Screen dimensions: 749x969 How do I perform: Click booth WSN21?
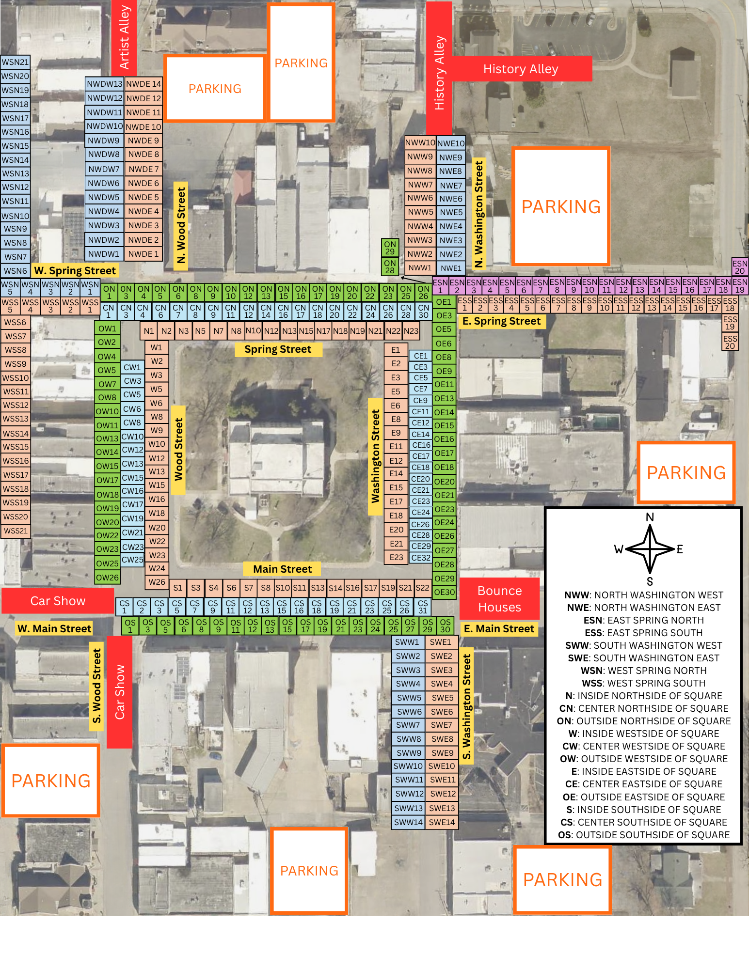click(15, 62)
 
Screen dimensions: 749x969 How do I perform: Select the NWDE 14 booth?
click(143, 84)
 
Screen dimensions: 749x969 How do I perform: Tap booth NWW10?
click(420, 143)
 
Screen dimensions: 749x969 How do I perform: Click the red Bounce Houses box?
click(499, 599)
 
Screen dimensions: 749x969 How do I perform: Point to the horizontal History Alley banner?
click(521, 69)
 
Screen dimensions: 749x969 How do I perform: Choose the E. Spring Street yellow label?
click(501, 321)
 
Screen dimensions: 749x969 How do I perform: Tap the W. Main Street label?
click(54, 628)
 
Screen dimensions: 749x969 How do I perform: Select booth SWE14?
click(442, 822)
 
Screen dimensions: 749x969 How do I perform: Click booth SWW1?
click(407, 642)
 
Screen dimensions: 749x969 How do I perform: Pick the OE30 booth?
click(444, 592)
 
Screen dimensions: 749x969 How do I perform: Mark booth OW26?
click(107, 578)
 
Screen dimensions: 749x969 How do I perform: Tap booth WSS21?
click(16, 531)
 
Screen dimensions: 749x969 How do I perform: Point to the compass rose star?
click(650, 549)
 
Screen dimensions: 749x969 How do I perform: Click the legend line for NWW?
click(643, 595)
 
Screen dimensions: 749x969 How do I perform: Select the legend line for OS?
click(643, 835)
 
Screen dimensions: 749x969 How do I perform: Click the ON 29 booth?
click(390, 248)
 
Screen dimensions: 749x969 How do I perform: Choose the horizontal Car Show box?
click(58, 601)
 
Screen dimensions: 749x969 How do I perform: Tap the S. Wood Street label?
click(96, 686)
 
